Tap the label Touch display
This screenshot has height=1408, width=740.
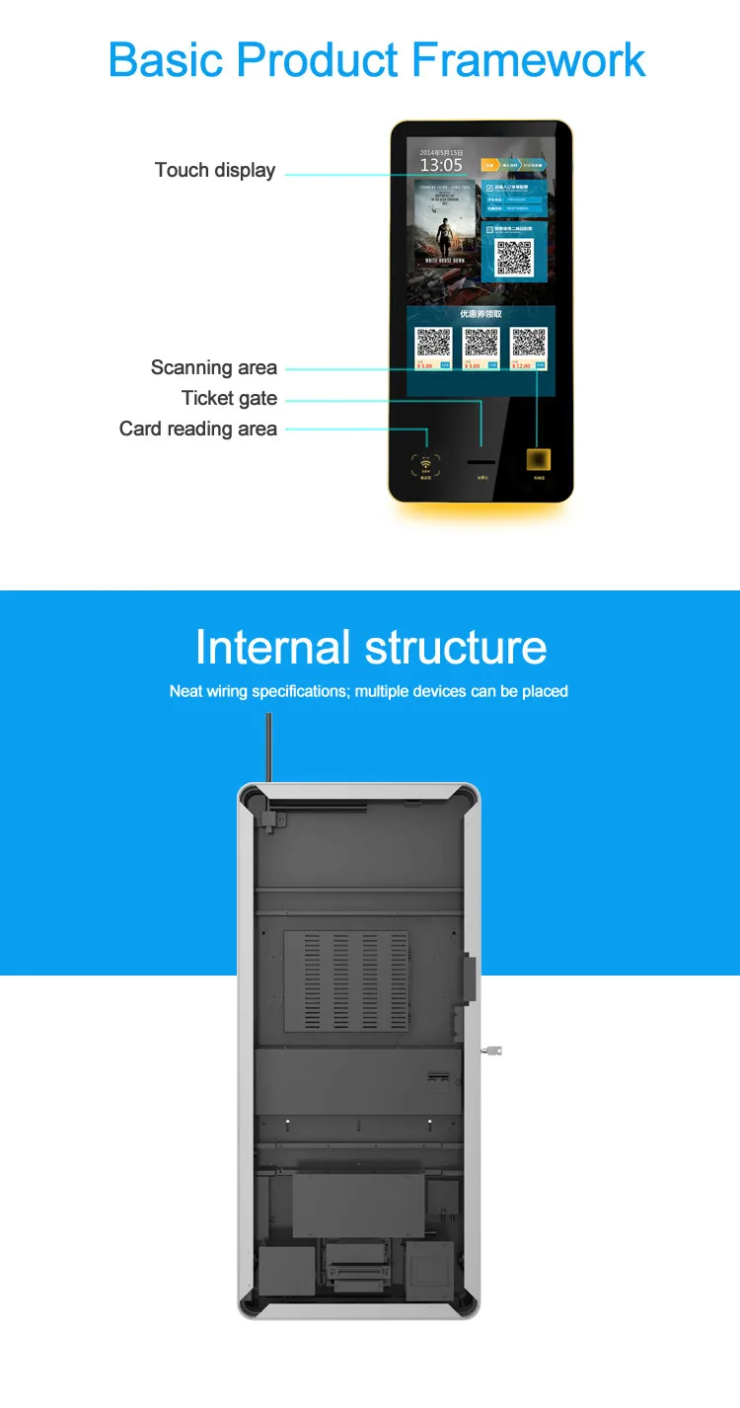coord(215,170)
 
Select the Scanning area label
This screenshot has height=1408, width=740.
coord(214,367)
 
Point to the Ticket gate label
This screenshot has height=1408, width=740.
coord(229,398)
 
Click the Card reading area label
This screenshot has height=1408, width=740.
coord(198,429)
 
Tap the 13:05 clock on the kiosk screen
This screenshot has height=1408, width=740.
coord(441,165)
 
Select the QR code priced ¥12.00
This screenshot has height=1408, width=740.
coord(529,343)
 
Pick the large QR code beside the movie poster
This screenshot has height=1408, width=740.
coord(514,256)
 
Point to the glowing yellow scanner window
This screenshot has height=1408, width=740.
coord(539,460)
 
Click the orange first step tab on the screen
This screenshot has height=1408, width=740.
coord(489,165)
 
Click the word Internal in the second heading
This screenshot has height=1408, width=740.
coord(272,648)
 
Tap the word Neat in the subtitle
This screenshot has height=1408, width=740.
coord(185,691)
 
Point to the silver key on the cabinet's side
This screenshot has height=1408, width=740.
coord(491,1051)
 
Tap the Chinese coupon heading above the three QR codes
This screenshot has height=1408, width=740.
coord(481,314)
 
